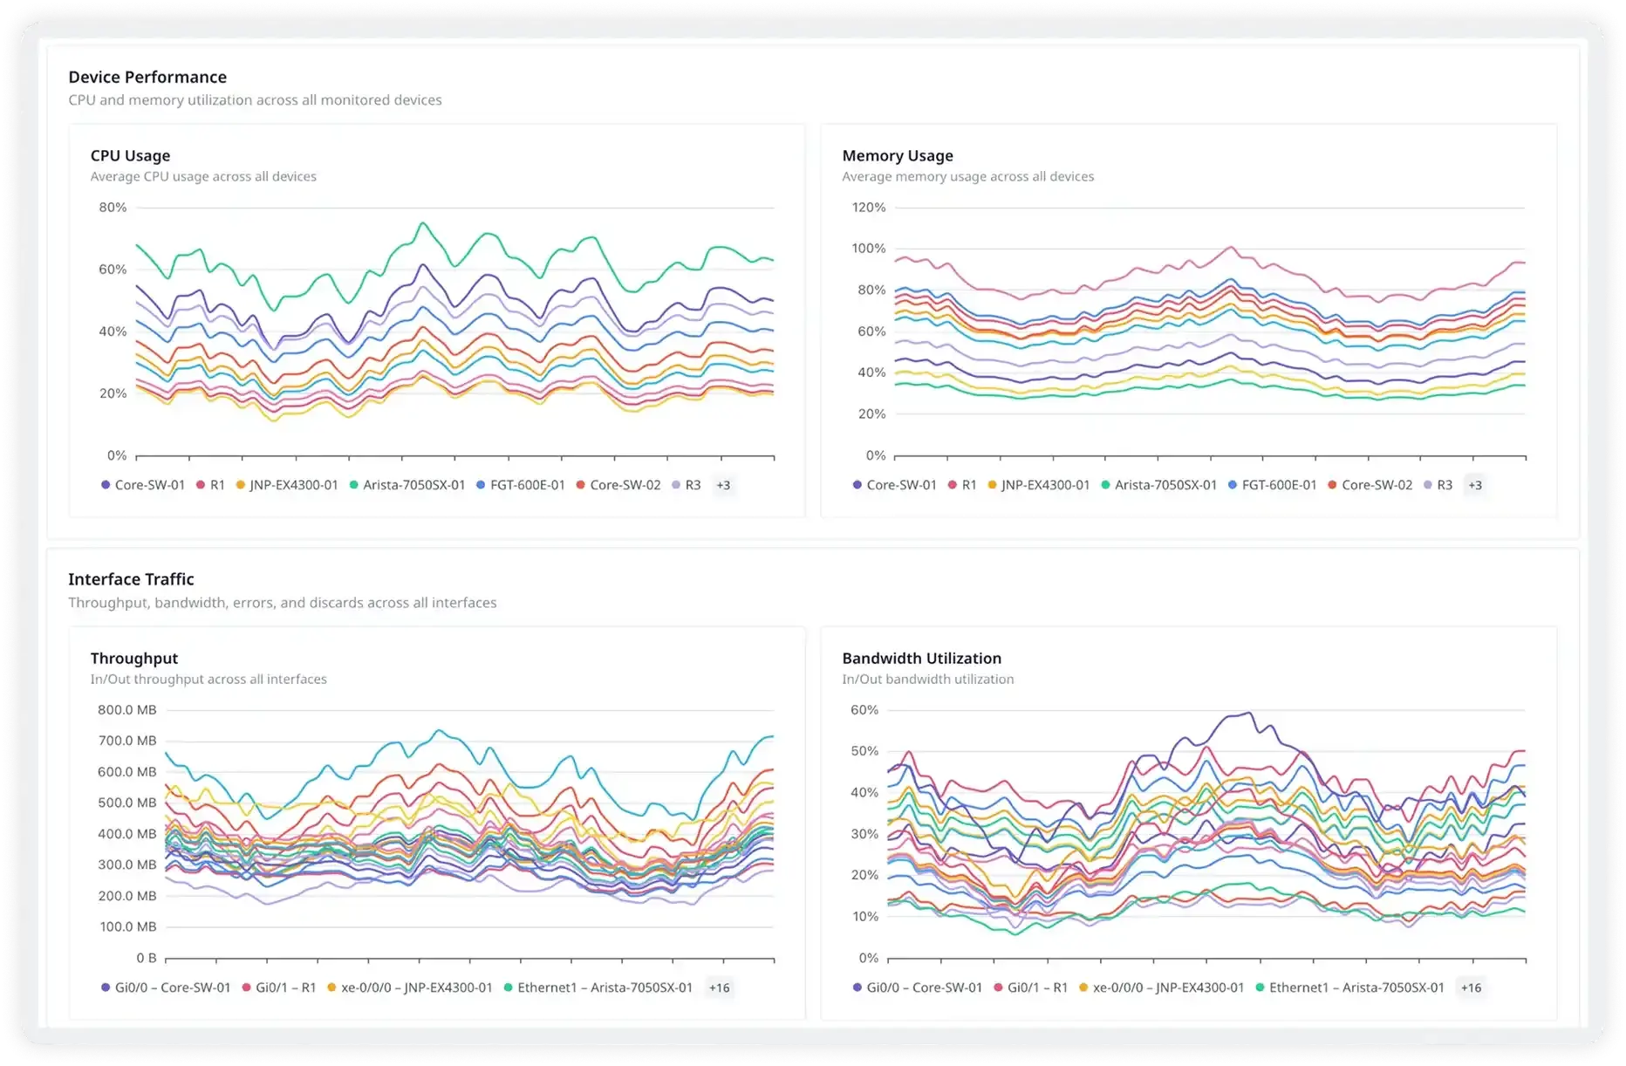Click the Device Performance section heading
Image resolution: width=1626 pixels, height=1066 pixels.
click(147, 77)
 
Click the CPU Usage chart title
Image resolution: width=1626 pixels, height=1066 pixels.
click(130, 155)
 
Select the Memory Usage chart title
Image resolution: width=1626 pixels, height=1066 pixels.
click(897, 155)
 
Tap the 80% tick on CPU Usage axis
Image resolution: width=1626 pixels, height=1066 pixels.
click(113, 208)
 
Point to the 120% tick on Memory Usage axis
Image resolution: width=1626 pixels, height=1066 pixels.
click(868, 208)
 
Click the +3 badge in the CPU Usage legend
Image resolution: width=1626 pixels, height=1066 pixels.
click(723, 485)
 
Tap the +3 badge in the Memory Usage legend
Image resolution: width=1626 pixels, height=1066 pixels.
click(1474, 485)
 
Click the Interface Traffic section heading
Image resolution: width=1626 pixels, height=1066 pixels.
click(131, 579)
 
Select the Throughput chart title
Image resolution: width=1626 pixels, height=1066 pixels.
click(133, 659)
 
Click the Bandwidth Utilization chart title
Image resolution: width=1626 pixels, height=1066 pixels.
click(921, 659)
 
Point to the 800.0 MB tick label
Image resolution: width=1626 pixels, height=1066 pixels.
click(127, 710)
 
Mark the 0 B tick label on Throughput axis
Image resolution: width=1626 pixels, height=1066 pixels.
click(146, 958)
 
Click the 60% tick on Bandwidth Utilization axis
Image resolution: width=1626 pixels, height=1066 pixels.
click(864, 710)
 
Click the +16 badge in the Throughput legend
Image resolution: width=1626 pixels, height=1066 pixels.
click(719, 987)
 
